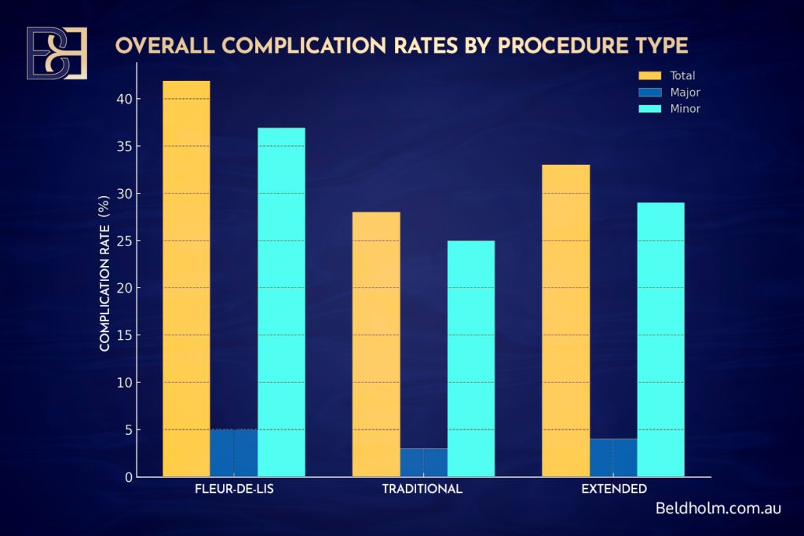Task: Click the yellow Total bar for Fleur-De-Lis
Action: pos(186,279)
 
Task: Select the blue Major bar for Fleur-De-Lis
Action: pos(234,453)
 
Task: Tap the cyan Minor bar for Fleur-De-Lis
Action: pos(281,302)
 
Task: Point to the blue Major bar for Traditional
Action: pos(424,462)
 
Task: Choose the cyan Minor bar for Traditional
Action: pos(471,358)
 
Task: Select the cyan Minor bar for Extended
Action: pos(660,339)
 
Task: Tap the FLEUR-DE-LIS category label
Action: pos(233,489)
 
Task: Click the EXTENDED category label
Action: pos(614,489)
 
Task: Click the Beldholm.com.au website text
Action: pos(718,509)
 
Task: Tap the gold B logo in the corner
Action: pos(57,53)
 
